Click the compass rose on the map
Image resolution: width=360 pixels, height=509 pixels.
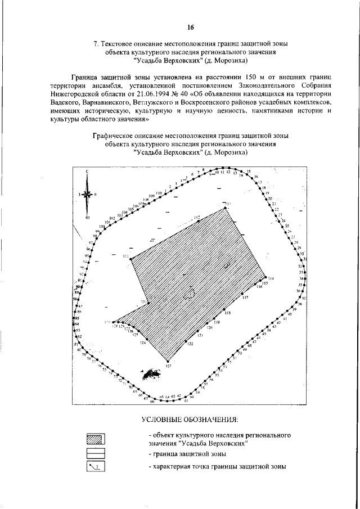click(x=88, y=193)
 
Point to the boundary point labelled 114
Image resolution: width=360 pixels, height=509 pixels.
click(x=271, y=279)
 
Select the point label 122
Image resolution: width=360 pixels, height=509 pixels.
click(x=190, y=344)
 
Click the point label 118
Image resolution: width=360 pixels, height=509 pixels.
click(x=228, y=313)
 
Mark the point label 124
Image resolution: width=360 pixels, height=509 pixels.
click(x=143, y=343)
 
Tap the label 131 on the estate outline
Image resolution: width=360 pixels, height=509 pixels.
click(x=144, y=302)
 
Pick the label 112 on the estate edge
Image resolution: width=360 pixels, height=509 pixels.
click(x=197, y=217)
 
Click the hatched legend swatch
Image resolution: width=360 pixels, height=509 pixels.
click(x=100, y=439)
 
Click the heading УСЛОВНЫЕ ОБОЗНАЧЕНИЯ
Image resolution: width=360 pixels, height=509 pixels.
click(x=190, y=420)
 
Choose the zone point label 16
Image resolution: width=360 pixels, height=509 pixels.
click(x=256, y=177)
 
